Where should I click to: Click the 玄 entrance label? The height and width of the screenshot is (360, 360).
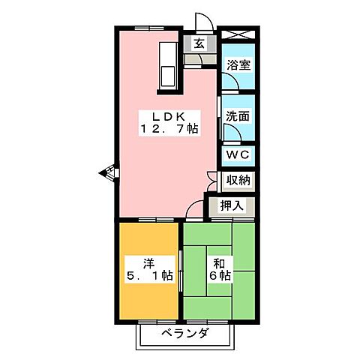click(x=199, y=43)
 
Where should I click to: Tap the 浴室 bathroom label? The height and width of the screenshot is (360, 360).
click(x=238, y=65)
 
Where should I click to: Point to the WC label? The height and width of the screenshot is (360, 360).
click(x=238, y=154)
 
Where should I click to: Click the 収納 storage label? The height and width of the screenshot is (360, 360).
click(x=238, y=181)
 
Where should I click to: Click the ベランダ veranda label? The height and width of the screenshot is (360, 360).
click(x=183, y=333)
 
